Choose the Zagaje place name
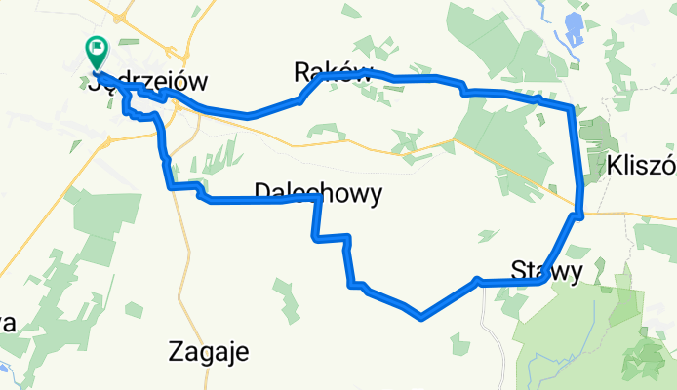point(208,350)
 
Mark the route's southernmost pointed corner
point(420,316)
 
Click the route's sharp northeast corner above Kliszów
point(571,106)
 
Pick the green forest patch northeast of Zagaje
point(283,293)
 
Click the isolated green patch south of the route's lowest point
point(457,341)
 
